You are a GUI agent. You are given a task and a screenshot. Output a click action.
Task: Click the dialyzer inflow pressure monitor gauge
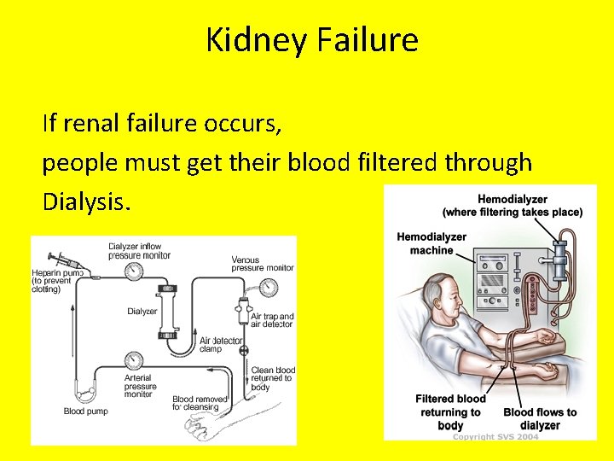(x=133, y=271)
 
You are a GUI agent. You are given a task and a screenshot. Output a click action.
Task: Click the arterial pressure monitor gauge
(x=133, y=359)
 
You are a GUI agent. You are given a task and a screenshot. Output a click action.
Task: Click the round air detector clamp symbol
(x=243, y=350)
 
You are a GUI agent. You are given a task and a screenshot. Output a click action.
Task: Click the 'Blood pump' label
(x=85, y=411)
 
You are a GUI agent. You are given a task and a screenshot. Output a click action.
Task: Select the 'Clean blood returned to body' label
(x=273, y=378)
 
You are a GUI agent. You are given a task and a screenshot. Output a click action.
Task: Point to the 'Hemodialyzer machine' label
(x=432, y=243)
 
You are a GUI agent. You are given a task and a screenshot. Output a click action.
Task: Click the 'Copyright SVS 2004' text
(x=495, y=436)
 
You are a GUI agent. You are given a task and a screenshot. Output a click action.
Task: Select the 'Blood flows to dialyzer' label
(x=540, y=418)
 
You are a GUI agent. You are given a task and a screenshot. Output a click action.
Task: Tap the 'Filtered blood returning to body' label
(x=450, y=411)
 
